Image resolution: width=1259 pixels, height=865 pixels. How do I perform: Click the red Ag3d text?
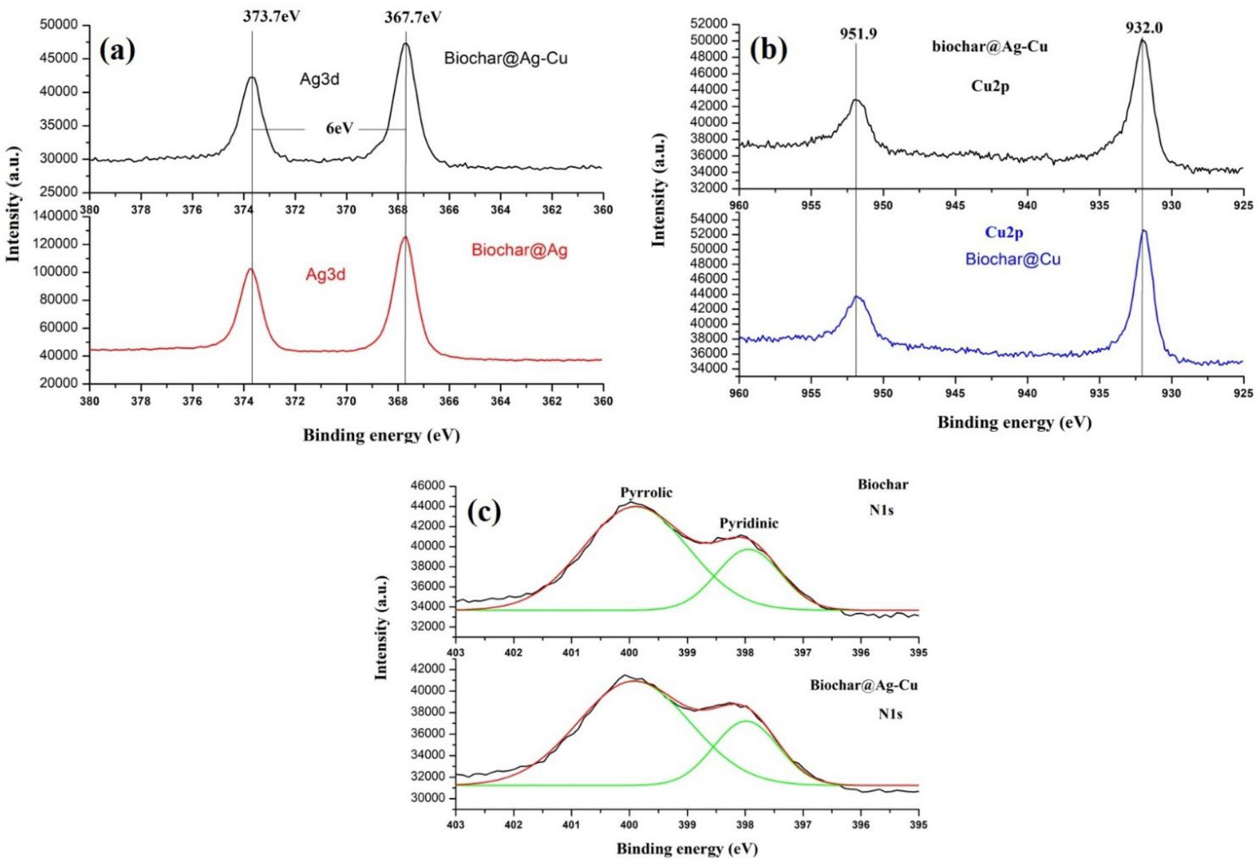(x=325, y=275)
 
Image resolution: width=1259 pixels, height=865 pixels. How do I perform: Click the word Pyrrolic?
(x=646, y=492)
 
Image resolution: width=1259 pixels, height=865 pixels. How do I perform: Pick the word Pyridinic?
(x=749, y=523)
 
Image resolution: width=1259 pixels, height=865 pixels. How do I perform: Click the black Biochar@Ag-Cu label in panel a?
(x=505, y=58)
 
